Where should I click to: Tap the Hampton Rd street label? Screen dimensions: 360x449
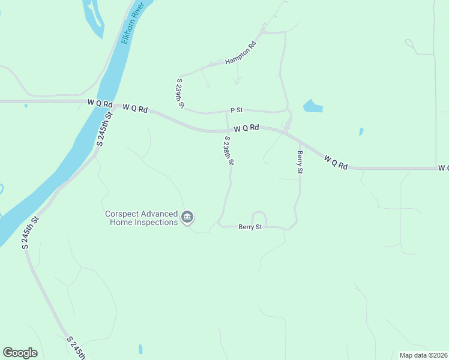coord(241,53)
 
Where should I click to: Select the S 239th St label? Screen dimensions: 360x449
coord(179,93)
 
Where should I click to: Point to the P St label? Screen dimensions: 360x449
coord(237,110)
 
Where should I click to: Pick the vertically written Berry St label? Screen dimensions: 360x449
coord(300,162)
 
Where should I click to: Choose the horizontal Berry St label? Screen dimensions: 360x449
coord(250,227)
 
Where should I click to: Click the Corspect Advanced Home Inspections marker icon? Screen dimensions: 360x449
coord(187,217)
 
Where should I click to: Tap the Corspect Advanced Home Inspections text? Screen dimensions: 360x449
coord(142,218)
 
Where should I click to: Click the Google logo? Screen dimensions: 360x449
coord(20,353)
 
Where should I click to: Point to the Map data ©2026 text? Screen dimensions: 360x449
coord(423,355)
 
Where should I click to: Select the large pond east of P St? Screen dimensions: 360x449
coord(313,107)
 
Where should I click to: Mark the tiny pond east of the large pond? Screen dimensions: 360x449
coord(361,131)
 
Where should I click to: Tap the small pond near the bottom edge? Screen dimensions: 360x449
coord(140,349)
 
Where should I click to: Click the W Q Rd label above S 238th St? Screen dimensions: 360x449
coord(246,128)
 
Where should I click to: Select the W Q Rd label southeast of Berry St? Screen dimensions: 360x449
coord(336,162)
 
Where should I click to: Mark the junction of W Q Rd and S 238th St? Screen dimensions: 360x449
coord(227,130)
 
